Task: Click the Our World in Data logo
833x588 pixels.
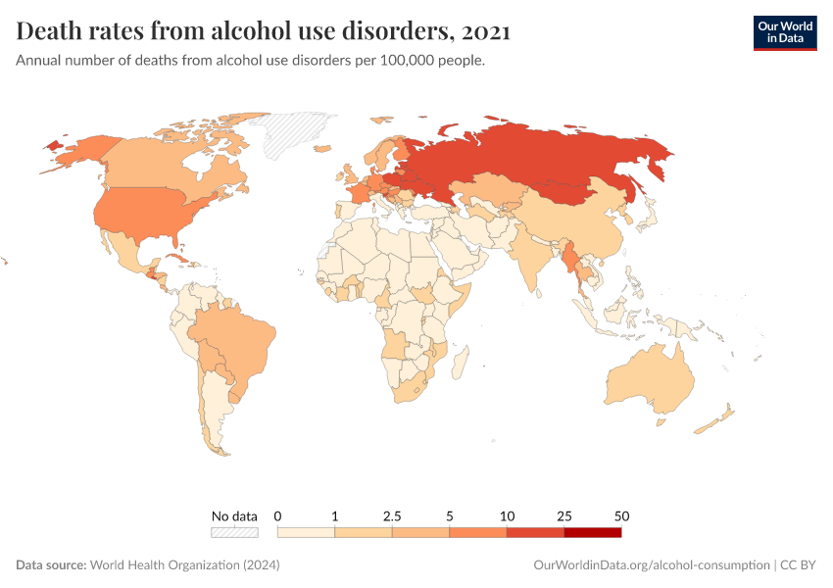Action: point(784,32)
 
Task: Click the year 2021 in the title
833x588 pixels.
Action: point(485,32)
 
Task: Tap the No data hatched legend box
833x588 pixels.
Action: point(234,532)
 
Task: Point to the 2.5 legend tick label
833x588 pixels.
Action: point(392,515)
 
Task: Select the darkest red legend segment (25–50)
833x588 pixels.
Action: point(593,532)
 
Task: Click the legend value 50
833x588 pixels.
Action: point(621,515)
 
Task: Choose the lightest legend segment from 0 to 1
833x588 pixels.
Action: point(307,532)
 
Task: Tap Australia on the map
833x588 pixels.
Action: point(651,382)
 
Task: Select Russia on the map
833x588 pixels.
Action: point(549,162)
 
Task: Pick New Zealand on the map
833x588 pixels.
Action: point(715,421)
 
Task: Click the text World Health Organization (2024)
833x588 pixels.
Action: point(185,565)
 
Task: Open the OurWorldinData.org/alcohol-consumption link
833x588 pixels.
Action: point(652,565)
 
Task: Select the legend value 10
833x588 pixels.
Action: point(507,515)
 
